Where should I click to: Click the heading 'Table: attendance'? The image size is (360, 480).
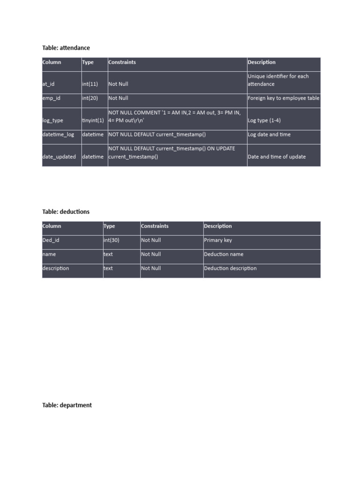click(x=66, y=48)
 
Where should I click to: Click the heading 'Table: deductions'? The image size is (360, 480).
click(x=66, y=211)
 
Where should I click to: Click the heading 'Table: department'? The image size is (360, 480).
click(x=67, y=405)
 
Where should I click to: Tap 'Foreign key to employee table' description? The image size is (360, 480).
click(x=284, y=98)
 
